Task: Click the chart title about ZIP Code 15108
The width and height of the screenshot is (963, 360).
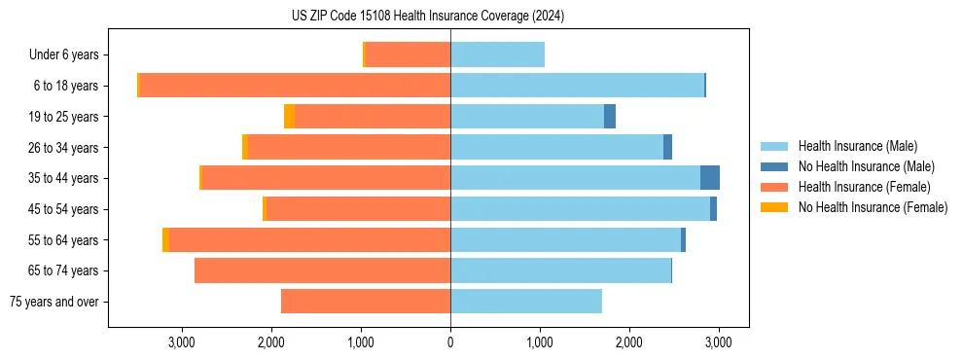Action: tap(428, 16)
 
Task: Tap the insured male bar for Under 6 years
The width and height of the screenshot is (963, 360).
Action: tap(497, 54)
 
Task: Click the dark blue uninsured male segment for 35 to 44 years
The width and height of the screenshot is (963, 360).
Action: tap(710, 178)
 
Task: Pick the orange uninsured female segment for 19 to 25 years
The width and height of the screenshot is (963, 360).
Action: tap(290, 117)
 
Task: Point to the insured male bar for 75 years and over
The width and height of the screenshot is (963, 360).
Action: tap(526, 302)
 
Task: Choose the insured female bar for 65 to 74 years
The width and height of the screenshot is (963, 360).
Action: tap(322, 270)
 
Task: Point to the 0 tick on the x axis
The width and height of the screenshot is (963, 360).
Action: tap(450, 343)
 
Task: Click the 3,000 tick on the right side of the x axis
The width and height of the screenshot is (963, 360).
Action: tap(718, 343)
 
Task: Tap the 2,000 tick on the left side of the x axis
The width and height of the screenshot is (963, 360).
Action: tap(271, 343)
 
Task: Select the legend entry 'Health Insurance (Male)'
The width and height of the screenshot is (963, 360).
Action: tap(857, 146)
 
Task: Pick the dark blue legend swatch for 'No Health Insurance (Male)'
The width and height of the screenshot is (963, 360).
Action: tap(774, 166)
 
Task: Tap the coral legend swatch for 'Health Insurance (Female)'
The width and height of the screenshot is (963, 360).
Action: tap(774, 187)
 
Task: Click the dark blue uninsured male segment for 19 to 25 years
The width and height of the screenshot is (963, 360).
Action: tap(610, 117)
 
